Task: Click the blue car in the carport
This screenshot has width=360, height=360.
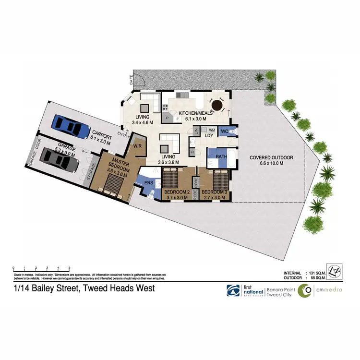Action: pos(71,126)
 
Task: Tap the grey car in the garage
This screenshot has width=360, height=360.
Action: pos(59,159)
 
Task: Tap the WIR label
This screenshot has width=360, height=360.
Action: pos(137,145)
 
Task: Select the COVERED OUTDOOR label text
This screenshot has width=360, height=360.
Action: pos(271,158)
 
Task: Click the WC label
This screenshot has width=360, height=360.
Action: pos(224,130)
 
